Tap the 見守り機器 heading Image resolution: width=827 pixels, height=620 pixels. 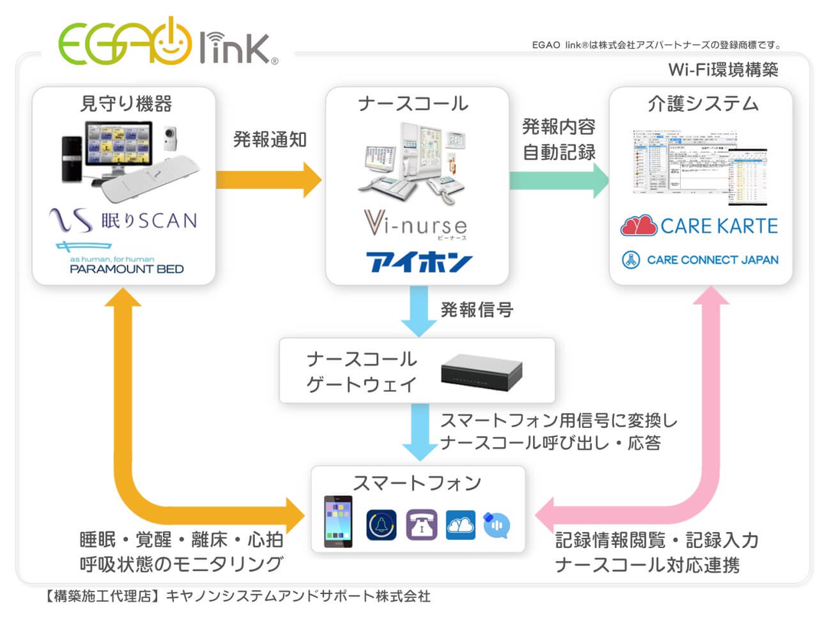(125, 103)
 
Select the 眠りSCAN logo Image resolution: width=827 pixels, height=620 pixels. (123, 221)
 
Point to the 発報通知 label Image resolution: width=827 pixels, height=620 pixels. (270, 139)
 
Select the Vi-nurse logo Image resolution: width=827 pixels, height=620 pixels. (414, 226)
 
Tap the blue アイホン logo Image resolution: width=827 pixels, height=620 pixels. (418, 262)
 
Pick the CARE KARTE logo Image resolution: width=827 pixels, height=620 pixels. (699, 226)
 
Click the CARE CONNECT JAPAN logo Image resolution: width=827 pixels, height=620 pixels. (699, 259)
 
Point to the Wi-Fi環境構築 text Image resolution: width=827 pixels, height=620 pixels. (723, 70)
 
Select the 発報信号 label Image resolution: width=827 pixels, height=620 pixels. (476, 310)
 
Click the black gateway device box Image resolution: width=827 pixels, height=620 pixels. (482, 370)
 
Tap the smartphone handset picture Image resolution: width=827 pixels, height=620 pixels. (338, 521)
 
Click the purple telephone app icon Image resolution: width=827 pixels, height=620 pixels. (421, 525)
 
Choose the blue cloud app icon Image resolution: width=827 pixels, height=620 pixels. (460, 525)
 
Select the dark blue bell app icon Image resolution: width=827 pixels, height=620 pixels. (381, 525)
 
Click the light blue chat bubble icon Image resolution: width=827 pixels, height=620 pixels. (497, 525)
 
